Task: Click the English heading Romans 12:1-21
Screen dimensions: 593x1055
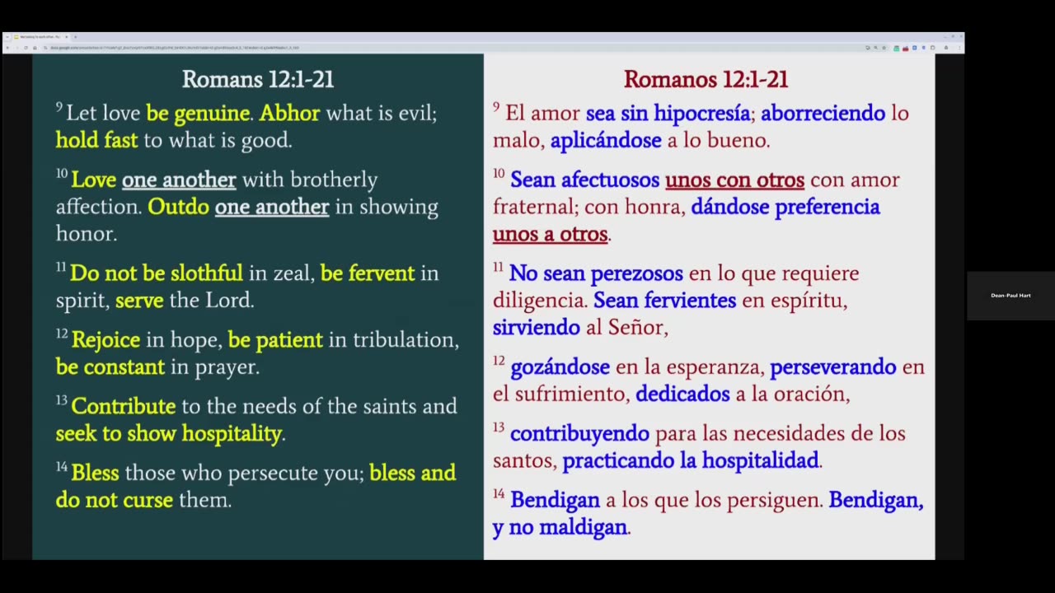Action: (257, 79)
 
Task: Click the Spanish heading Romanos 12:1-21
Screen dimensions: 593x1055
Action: (706, 79)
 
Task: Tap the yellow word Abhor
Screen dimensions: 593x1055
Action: (289, 113)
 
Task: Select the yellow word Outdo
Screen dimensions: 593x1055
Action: (178, 207)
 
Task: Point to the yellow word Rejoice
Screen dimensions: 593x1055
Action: (105, 339)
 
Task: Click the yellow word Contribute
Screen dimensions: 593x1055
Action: (123, 406)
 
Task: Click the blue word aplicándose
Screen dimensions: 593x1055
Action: (606, 141)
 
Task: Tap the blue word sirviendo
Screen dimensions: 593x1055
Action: (536, 328)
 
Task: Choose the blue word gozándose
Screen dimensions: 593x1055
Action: (560, 367)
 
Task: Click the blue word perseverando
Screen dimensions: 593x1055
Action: (832, 367)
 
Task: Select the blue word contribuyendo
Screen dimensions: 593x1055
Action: (579, 433)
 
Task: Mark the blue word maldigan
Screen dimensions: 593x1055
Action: (583, 527)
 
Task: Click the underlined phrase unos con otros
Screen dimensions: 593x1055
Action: (734, 180)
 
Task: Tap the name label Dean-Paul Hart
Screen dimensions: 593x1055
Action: (1010, 295)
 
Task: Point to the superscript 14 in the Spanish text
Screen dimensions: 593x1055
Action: (499, 494)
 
